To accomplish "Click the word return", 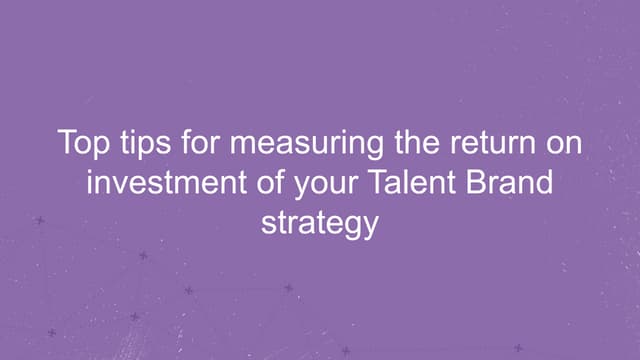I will coord(482,143).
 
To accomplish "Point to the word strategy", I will coord(320,222).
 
